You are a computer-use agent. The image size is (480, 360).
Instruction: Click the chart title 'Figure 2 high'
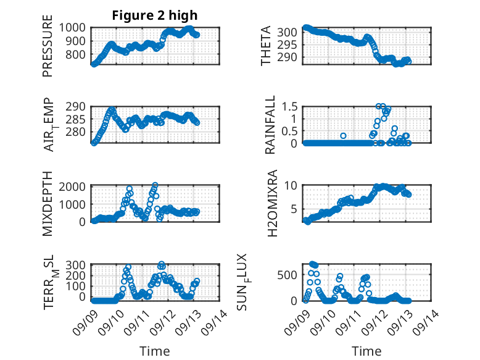155,15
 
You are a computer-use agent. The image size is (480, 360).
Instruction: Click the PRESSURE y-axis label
48,51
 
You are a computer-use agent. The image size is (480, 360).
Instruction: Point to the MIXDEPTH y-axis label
48,204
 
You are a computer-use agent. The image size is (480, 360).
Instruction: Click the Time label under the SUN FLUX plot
366,351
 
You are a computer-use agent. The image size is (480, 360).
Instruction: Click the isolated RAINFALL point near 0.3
344,136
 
